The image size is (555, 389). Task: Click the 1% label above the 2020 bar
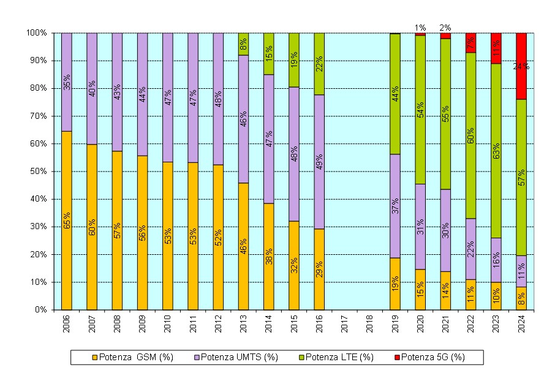point(420,28)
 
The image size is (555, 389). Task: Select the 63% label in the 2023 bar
point(496,151)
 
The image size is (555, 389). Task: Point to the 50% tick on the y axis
point(39,172)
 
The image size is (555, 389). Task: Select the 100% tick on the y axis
point(37,32)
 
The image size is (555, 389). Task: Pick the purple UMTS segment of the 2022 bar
point(471,233)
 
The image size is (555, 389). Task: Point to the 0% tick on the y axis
point(40,310)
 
